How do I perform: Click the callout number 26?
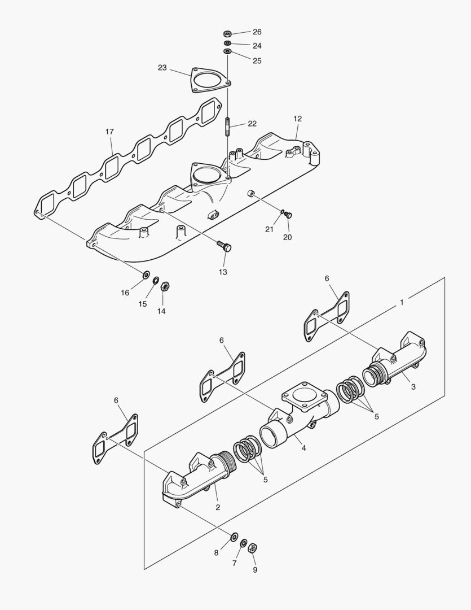click(257, 32)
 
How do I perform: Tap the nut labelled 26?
click(227, 33)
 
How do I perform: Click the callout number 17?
click(109, 132)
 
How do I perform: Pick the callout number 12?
click(298, 119)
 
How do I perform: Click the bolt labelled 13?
click(225, 246)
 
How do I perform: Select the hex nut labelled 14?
click(165, 286)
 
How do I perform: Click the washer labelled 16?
click(145, 275)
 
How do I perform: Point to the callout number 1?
click(402, 303)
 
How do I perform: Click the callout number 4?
click(303, 448)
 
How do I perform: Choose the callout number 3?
click(413, 387)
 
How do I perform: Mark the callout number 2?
click(218, 507)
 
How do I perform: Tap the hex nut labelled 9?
click(253, 548)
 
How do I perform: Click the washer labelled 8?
click(234, 535)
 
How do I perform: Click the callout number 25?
click(257, 60)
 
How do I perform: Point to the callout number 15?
click(143, 304)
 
